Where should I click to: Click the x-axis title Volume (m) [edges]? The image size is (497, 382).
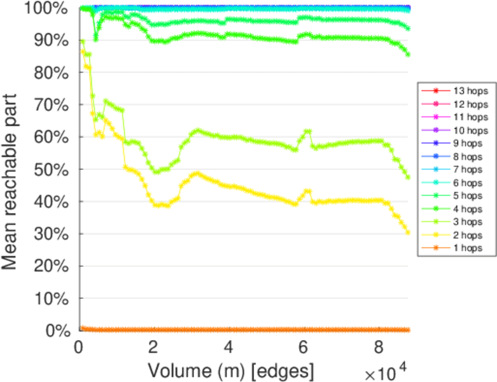[230, 369]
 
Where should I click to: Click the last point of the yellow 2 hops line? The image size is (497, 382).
[407, 232]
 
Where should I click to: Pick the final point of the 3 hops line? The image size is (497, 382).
[407, 177]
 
